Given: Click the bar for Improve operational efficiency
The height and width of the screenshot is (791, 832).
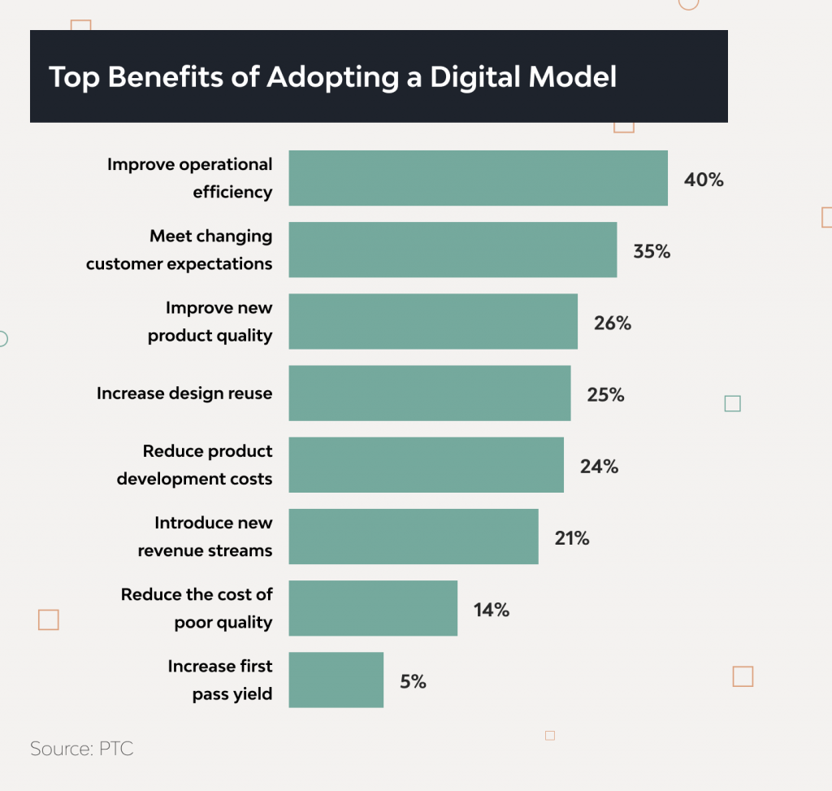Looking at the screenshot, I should (x=478, y=178).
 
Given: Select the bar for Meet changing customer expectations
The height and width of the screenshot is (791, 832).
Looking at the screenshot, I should (x=453, y=250).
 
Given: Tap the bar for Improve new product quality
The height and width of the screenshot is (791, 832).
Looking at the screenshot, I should (x=433, y=321).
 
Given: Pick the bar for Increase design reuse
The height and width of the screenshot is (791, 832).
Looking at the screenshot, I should (x=430, y=393).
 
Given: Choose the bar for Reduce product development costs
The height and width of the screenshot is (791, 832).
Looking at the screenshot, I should (x=426, y=464).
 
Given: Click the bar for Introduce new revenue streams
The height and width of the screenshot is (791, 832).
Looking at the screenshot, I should (x=414, y=536).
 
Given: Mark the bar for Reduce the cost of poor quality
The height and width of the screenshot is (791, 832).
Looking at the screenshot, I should (x=373, y=607).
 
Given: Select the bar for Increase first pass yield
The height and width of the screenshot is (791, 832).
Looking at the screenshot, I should (x=336, y=679).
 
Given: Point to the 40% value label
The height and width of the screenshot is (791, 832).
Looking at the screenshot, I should (x=704, y=180).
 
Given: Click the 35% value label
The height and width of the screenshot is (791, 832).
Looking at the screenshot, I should (x=652, y=251).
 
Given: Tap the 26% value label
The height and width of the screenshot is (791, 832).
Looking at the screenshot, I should (x=613, y=323).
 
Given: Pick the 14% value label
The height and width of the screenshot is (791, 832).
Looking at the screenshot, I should (x=491, y=610).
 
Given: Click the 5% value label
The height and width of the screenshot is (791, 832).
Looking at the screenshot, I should (x=413, y=681).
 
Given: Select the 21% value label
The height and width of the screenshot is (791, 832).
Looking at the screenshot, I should (x=571, y=538).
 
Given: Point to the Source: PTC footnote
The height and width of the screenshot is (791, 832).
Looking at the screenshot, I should (x=81, y=749).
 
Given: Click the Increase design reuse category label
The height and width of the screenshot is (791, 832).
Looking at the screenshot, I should (x=184, y=393).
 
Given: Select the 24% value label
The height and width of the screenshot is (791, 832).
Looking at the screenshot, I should (x=599, y=467).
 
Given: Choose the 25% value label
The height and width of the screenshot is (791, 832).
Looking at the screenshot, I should (x=605, y=395).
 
